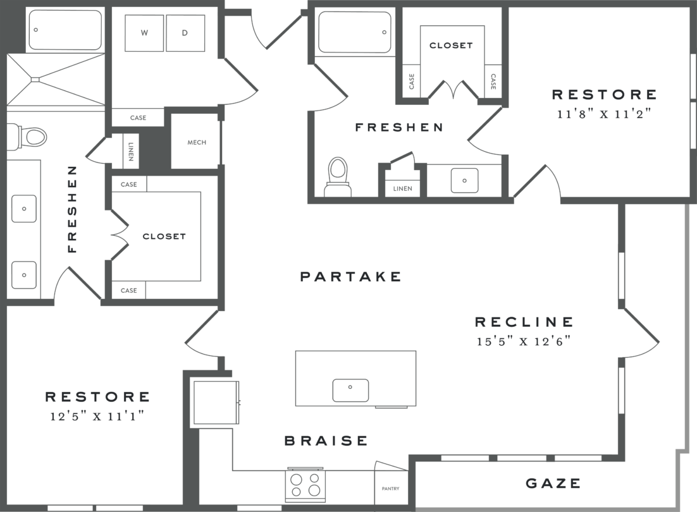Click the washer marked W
pos(144,33)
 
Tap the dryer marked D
pos(185,33)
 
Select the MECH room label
pos(197,142)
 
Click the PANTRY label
pos(390,489)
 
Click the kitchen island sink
pos(350,390)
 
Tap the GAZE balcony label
pos(553,484)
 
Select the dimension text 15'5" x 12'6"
pos(524,341)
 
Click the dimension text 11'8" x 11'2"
pos(604,114)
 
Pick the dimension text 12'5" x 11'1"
pos(97,417)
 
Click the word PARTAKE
pos(350,276)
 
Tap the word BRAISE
pos(326,441)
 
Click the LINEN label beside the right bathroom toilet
pos(402,188)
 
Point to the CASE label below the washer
pos(138,118)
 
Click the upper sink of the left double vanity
pos(24,209)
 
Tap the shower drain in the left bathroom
pos(36,80)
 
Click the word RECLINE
pos(524,322)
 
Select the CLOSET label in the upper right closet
pos(451,46)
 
